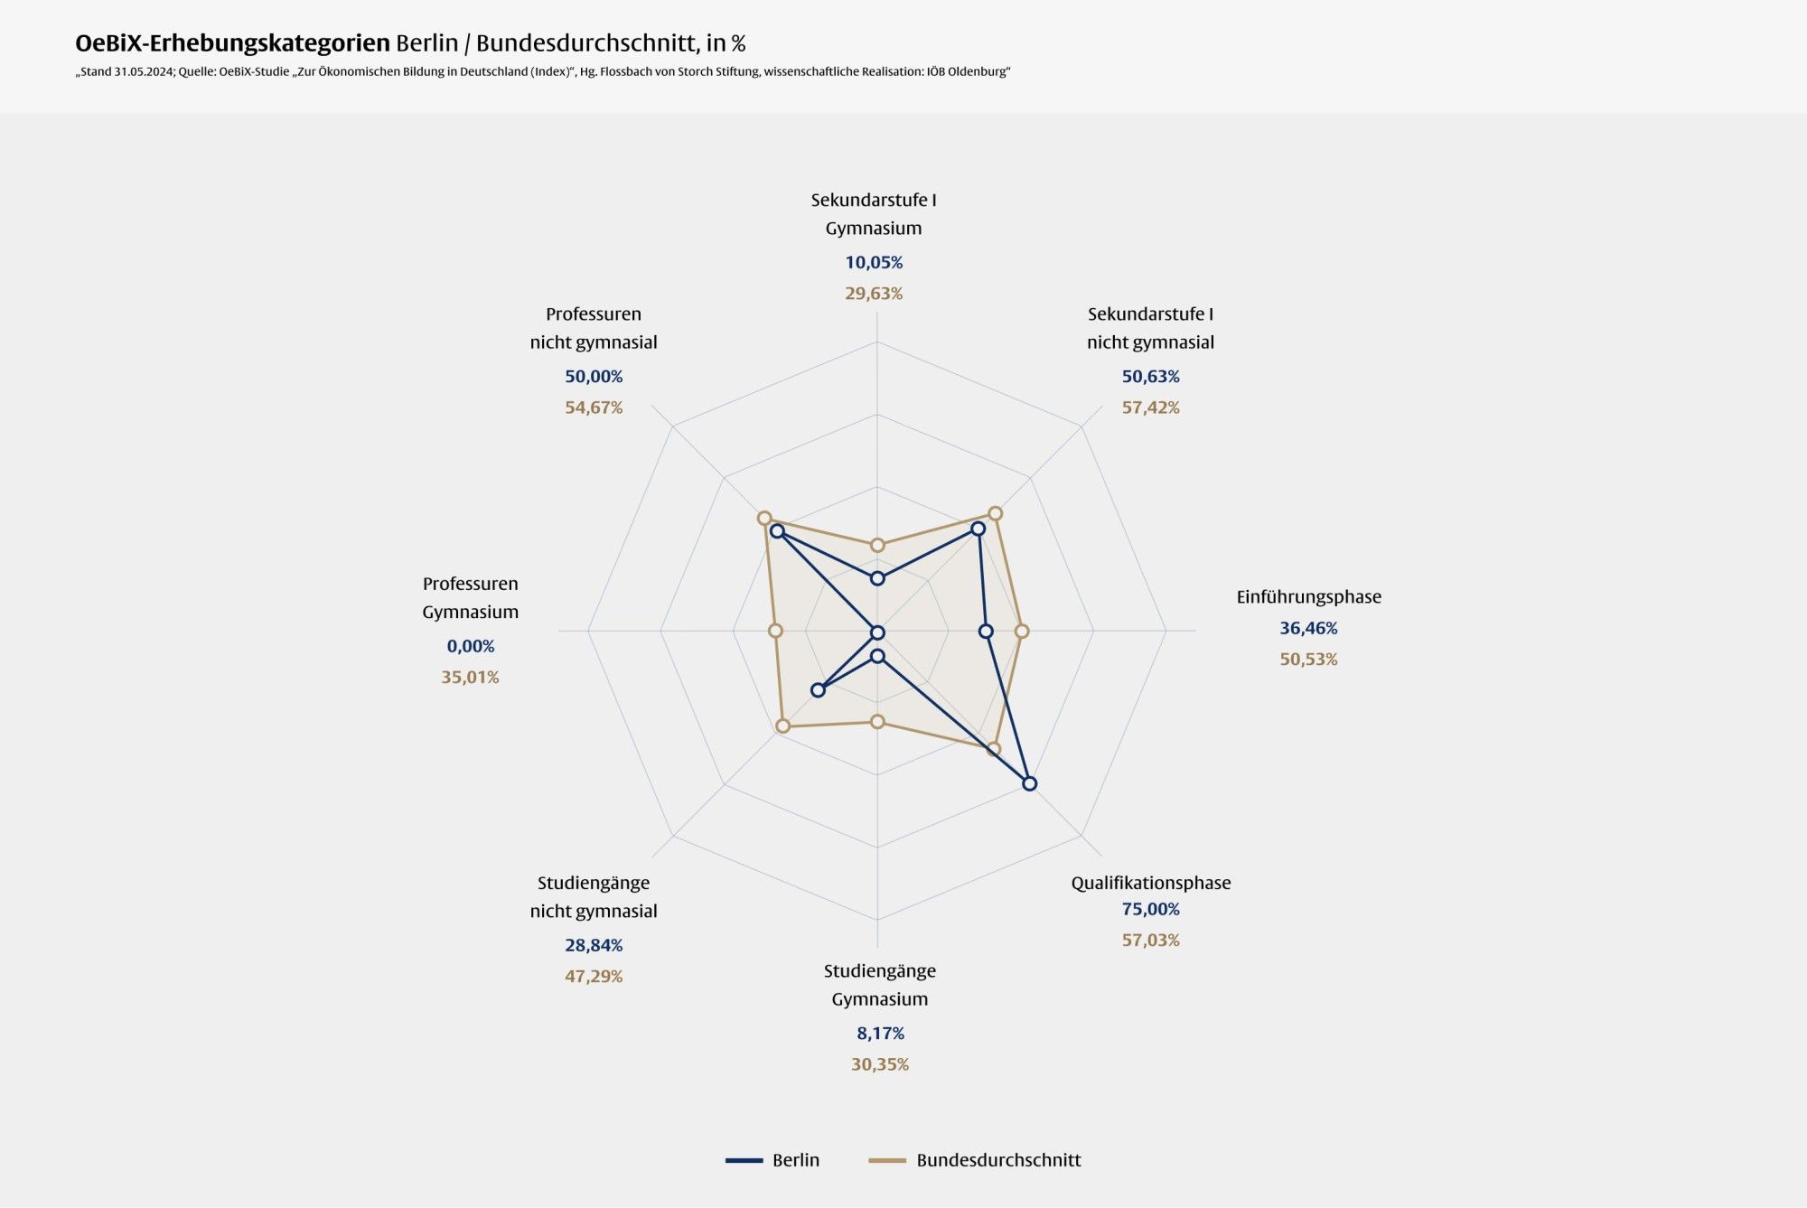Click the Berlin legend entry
tap(773, 1160)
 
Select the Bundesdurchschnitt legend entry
tap(975, 1160)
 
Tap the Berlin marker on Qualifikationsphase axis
tap(1029, 783)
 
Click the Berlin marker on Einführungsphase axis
tap(986, 632)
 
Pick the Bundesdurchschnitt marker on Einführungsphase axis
tap(1022, 632)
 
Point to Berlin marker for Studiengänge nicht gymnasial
tap(818, 690)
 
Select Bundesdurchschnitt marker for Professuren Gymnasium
tap(775, 631)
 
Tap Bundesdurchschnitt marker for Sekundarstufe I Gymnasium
tap(877, 545)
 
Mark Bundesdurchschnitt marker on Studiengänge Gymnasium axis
tap(877, 721)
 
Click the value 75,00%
tap(1150, 909)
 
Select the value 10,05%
tap(874, 262)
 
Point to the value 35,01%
tap(470, 677)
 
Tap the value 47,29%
tap(594, 976)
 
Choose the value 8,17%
tap(880, 1033)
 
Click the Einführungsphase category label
tap(1308, 596)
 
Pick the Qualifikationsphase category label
tap(1150, 883)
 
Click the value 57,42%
tap(1150, 407)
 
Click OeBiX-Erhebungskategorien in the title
tap(232, 43)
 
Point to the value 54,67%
tap(594, 407)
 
